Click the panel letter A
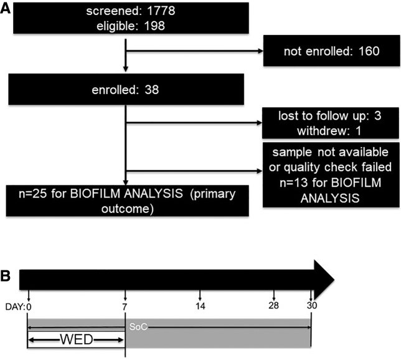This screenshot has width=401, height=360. tap(7, 9)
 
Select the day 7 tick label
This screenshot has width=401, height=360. tap(126, 306)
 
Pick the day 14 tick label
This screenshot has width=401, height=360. tap(200, 306)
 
